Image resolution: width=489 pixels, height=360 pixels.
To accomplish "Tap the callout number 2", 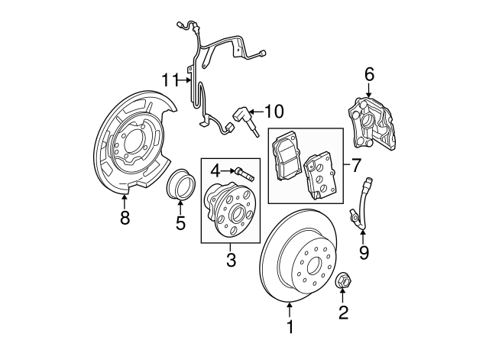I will (x=343, y=313).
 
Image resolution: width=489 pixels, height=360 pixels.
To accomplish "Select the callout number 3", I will (x=231, y=261).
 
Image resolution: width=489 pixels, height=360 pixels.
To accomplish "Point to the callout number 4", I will (x=215, y=169).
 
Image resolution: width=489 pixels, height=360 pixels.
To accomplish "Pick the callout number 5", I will (x=180, y=223).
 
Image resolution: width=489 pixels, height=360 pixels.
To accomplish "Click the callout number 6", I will (x=369, y=74).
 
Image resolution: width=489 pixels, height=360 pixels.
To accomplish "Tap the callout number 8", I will (x=125, y=219).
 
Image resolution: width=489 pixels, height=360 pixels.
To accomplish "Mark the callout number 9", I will (x=364, y=251).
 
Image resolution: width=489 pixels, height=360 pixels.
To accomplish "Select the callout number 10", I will (x=273, y=112).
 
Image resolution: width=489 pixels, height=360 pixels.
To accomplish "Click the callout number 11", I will (x=170, y=79).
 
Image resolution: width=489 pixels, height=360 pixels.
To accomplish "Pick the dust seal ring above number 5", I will (x=180, y=186).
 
